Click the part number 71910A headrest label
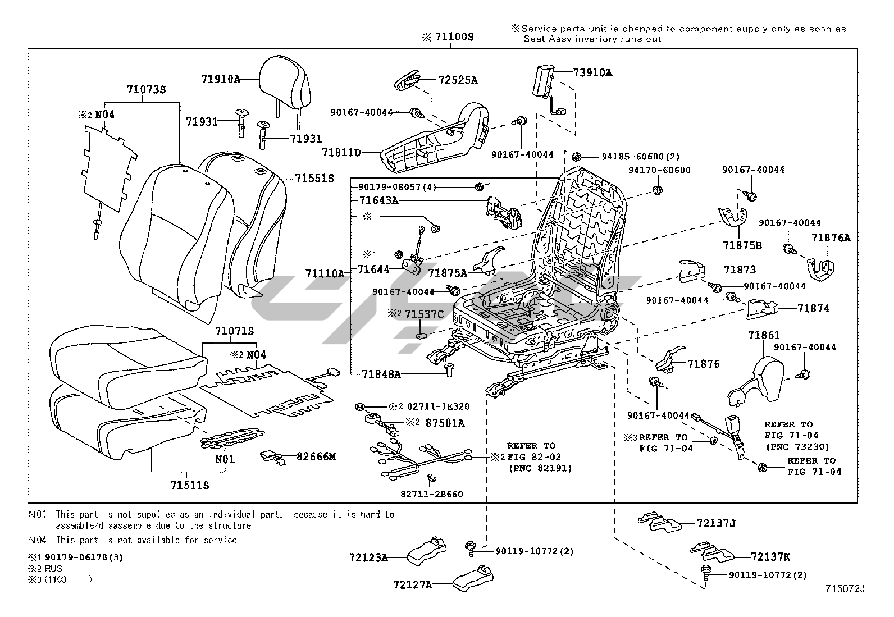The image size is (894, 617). (221, 79)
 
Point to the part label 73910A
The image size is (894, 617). (592, 72)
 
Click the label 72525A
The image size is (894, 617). (458, 80)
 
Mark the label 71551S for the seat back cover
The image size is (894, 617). (314, 178)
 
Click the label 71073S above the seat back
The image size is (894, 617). (145, 89)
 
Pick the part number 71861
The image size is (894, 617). (764, 335)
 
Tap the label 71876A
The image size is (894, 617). (831, 238)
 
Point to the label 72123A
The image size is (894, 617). (368, 557)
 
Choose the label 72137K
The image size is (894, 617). (770, 557)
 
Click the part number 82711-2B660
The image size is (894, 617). (432, 495)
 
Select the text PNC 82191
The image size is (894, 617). (540, 468)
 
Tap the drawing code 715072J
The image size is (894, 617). (845, 589)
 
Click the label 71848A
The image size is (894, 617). (381, 373)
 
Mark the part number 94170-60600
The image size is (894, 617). (659, 170)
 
